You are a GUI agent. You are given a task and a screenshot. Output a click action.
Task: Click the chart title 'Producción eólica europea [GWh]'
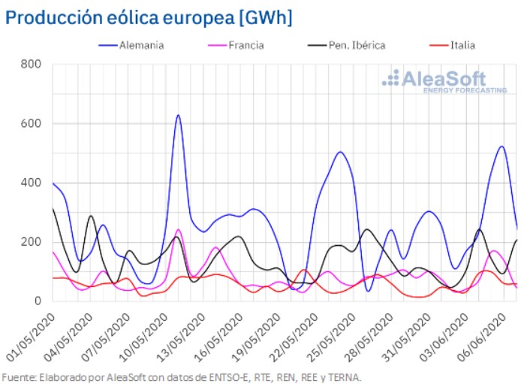point(149,17)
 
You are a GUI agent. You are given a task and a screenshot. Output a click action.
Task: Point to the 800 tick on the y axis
point(31,64)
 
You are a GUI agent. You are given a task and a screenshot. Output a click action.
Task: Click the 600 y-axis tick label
point(31,123)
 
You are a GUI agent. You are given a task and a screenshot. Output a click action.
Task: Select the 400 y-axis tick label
point(31,183)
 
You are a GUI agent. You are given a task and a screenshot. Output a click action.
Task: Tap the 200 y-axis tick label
point(31,242)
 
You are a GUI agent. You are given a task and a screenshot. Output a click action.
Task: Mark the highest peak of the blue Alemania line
point(178,115)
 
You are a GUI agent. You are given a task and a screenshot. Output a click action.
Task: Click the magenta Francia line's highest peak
point(178,230)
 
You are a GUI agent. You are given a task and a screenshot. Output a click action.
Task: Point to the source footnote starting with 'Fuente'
point(182,376)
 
